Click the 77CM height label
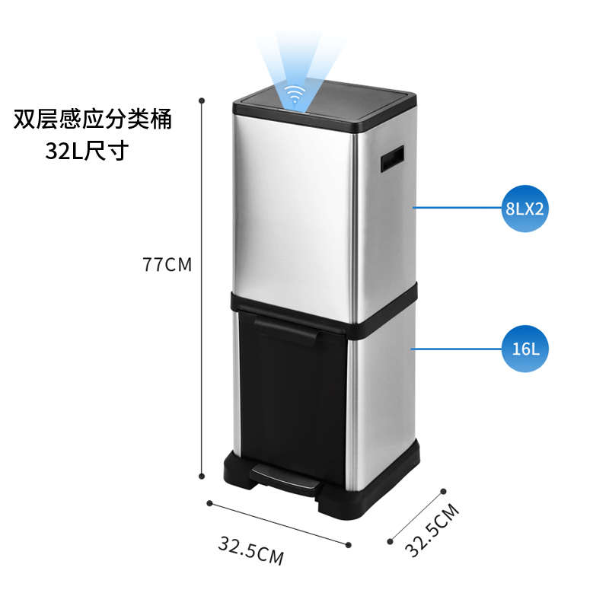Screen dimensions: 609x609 [167, 265]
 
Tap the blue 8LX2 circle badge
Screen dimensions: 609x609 [525, 208]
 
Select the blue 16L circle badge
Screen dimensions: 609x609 [525, 349]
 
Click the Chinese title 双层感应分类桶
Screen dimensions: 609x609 [94, 120]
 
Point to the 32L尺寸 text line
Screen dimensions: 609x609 [85, 151]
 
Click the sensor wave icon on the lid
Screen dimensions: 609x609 [292, 96]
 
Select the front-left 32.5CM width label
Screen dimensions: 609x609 [250, 550]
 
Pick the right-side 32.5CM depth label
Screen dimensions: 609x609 [432, 531]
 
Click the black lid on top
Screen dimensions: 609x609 [324, 107]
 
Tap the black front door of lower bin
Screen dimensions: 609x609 [293, 396]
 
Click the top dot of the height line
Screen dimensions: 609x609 [202, 100]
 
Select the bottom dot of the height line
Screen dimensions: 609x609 [202, 476]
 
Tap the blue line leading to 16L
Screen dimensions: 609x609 [457, 349]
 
